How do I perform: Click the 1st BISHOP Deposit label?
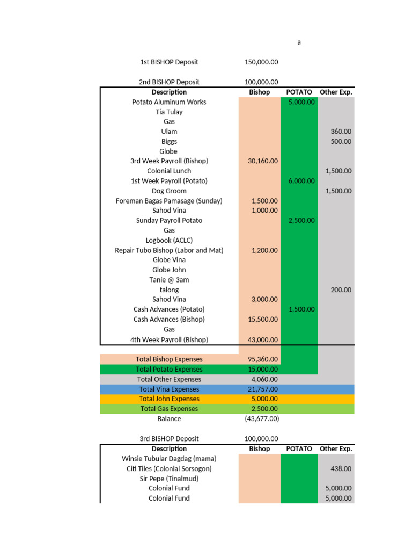169,62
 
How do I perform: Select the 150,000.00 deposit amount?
261,62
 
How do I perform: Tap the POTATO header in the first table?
299,92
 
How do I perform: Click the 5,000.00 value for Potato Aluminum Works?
301,102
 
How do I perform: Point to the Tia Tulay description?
169,112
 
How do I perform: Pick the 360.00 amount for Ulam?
341,132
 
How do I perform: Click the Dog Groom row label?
169,191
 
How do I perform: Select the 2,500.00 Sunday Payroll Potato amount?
301,220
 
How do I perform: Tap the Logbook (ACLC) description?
169,240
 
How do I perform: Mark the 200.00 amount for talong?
341,290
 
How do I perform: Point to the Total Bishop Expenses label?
169,359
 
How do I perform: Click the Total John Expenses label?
169,399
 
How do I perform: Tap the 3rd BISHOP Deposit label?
169,439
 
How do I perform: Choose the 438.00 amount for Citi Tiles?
341,468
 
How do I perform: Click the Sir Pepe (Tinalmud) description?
169,478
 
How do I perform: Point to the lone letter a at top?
299,42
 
